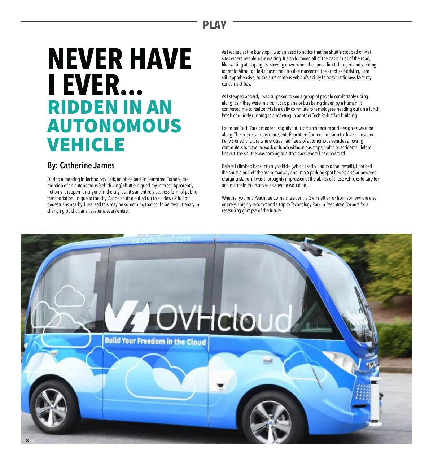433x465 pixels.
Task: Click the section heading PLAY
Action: [214, 25]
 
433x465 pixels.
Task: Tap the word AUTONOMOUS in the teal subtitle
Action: [114, 126]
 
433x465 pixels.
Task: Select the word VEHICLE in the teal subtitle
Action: [86, 145]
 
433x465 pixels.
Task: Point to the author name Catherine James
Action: [87, 165]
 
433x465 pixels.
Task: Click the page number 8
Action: [27, 440]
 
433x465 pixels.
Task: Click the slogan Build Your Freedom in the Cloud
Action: [155, 341]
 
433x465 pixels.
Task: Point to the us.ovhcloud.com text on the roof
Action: [161, 239]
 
